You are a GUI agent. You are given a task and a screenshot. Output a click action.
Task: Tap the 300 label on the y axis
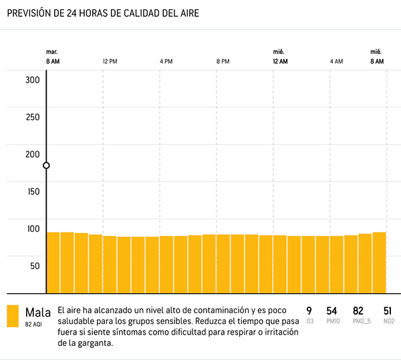(x=33, y=80)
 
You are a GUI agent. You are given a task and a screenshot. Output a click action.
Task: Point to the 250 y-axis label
(x=33, y=117)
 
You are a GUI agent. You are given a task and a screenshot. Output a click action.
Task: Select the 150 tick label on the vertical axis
(x=33, y=191)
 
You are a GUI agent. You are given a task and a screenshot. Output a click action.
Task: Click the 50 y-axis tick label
(x=33, y=265)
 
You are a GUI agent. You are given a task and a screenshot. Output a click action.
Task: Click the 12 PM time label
(x=110, y=61)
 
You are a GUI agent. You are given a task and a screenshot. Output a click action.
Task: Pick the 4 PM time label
(x=166, y=61)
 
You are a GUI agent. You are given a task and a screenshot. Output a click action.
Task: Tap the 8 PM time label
(x=223, y=61)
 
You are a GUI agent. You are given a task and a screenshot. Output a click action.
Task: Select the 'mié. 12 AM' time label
(x=280, y=57)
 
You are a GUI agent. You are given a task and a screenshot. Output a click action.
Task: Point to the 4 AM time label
(x=337, y=61)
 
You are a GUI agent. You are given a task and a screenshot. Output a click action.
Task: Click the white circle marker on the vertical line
(x=46, y=166)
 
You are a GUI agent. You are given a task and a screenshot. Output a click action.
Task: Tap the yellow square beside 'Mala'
(x=13, y=316)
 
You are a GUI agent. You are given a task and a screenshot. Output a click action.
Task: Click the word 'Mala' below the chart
(x=37, y=312)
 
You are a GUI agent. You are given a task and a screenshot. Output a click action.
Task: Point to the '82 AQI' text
(x=33, y=324)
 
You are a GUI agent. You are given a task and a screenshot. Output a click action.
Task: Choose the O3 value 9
(x=309, y=311)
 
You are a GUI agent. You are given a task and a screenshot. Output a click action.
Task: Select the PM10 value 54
(x=331, y=311)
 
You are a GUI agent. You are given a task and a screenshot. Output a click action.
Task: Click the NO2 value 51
(x=387, y=311)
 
